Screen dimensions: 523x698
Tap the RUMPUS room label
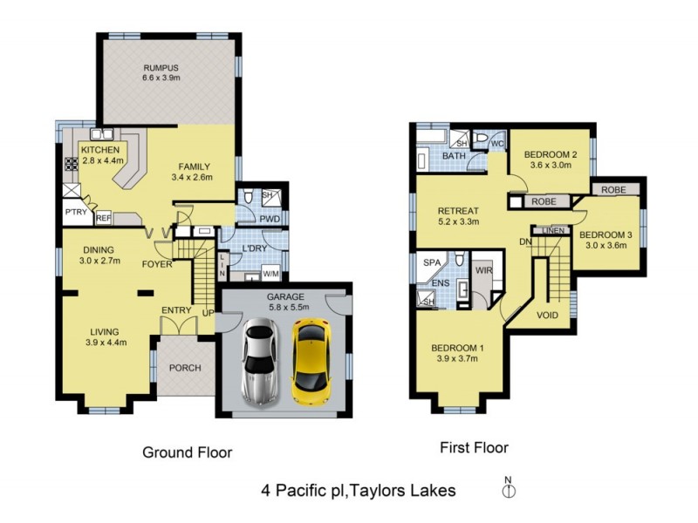coord(161,68)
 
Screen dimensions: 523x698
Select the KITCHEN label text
coord(100,149)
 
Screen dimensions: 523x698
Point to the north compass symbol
coord(510,492)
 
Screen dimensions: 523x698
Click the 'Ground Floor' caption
coord(187,452)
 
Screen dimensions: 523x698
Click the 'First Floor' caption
coord(475,448)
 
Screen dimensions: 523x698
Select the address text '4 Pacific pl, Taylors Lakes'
coord(358,491)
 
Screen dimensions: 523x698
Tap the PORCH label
coord(184,368)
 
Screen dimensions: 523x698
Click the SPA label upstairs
coord(431,261)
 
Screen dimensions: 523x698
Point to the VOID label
coord(548,316)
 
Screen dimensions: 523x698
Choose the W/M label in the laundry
coord(270,275)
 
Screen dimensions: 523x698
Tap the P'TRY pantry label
coord(74,212)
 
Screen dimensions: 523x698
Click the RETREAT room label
coord(458,210)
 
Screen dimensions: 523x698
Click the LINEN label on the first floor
coord(553,230)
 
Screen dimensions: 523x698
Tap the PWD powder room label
coord(269,218)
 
